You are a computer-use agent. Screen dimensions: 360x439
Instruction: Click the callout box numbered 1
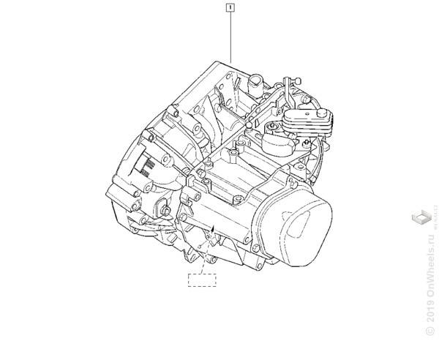point(230,9)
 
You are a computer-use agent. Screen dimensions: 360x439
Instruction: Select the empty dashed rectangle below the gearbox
point(203,278)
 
